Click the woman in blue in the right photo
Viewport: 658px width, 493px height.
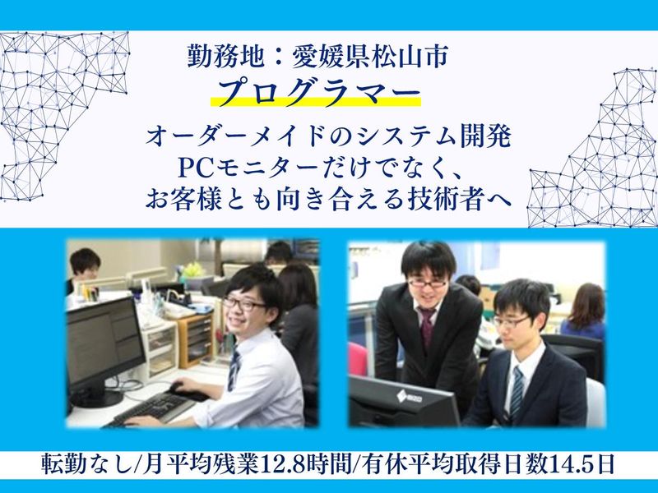tap(586, 312)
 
